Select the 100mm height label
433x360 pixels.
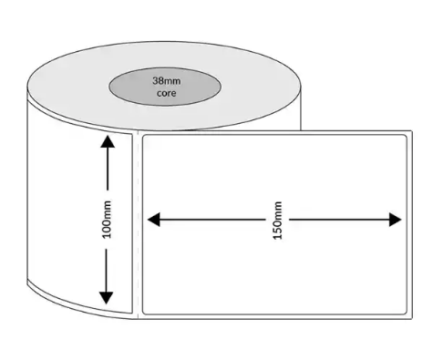pos(108,220)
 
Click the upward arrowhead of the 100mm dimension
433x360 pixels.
pos(108,141)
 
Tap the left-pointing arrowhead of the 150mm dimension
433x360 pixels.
pos(153,220)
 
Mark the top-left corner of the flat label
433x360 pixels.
pos(144,135)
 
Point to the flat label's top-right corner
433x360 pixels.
pos(406,135)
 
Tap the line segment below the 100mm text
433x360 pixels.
pos(108,269)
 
